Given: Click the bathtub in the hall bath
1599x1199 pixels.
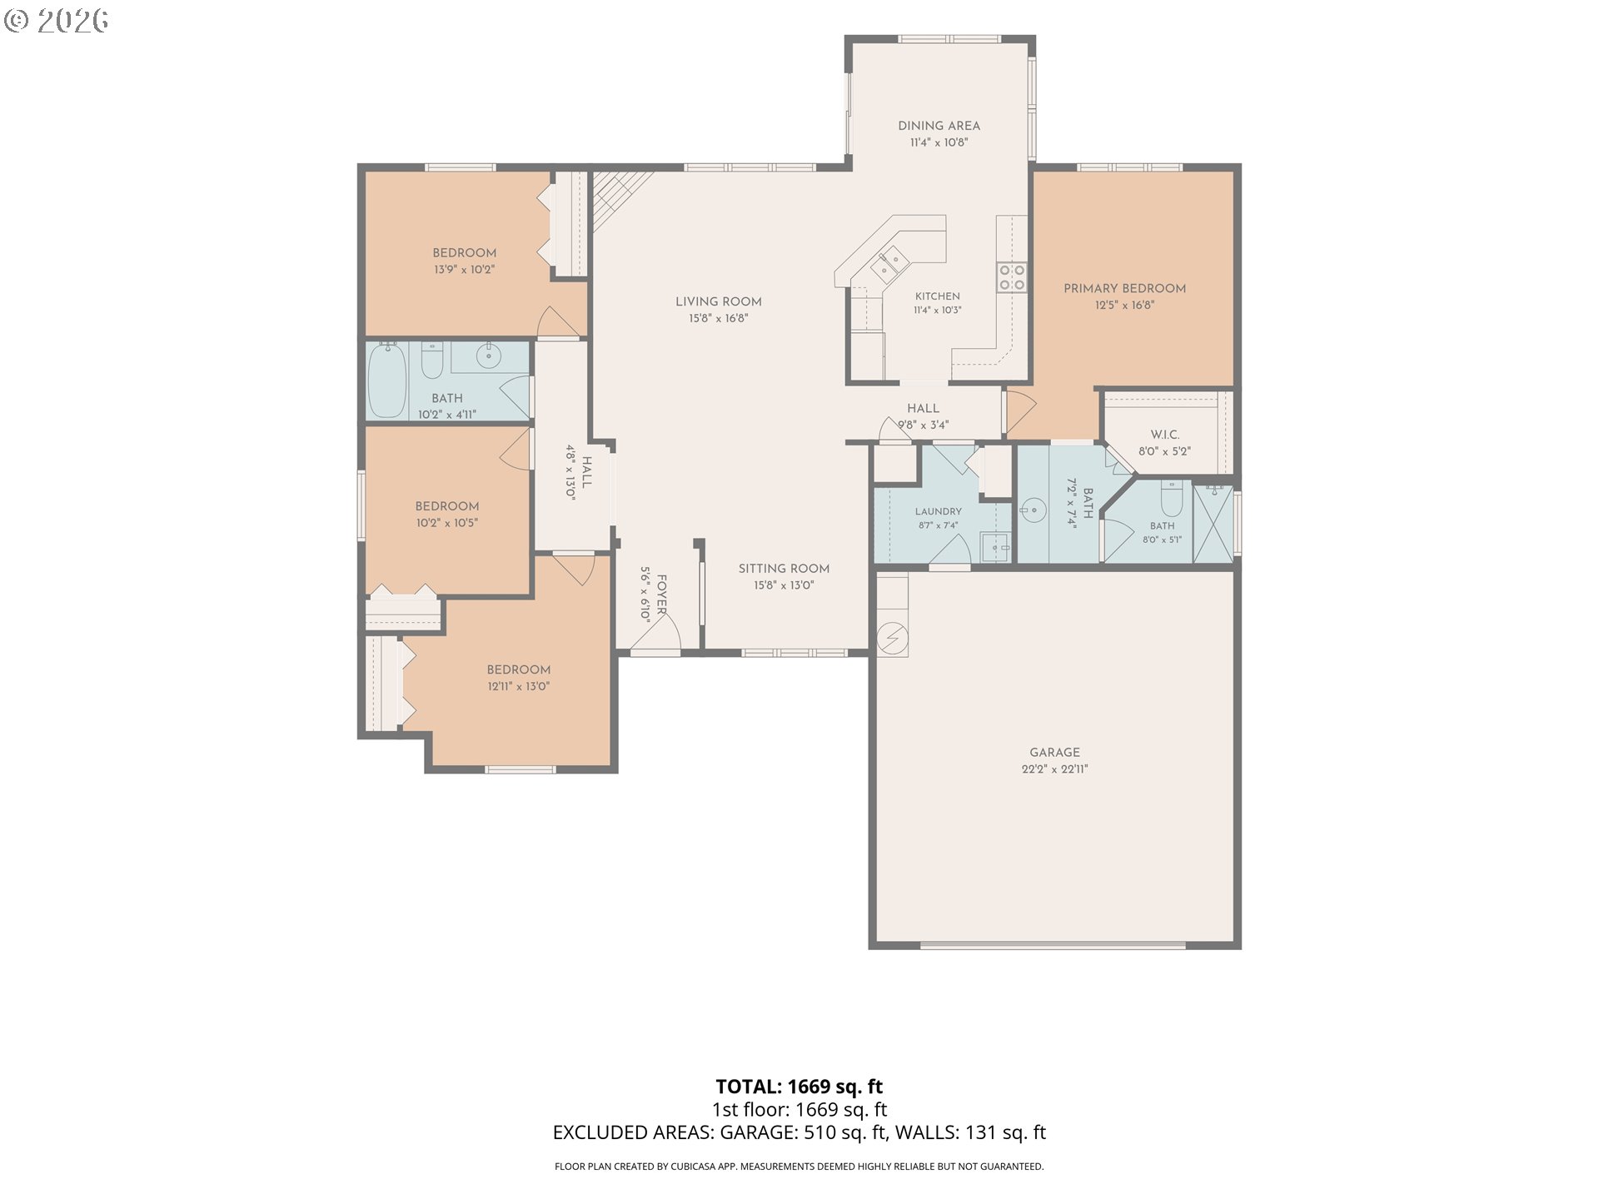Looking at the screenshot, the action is (387, 381).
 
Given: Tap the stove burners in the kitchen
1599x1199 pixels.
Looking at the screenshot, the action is (1012, 277).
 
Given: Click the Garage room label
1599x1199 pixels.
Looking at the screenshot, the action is (1054, 752).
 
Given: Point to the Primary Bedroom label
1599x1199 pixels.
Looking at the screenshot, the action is (1124, 288).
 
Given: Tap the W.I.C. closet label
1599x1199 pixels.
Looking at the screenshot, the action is (1164, 435).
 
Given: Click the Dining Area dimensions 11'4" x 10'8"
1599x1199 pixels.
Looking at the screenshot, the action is (939, 142).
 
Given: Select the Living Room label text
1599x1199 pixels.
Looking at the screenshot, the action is (719, 301).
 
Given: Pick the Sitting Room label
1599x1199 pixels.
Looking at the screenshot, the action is (784, 569).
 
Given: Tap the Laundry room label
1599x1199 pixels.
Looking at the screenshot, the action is (938, 511).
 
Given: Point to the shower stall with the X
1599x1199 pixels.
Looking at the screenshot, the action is (1213, 524).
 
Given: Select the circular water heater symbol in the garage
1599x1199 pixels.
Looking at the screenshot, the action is (893, 639).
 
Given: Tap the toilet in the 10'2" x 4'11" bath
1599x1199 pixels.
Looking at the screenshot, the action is (432, 359).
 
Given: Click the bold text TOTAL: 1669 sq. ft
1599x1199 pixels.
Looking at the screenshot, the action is (799, 1087).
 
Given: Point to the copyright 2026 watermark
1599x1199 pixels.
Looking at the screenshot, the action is (56, 20).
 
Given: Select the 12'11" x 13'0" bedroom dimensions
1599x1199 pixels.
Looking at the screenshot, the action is (519, 687).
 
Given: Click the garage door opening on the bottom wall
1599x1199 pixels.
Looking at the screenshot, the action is (1054, 945).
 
